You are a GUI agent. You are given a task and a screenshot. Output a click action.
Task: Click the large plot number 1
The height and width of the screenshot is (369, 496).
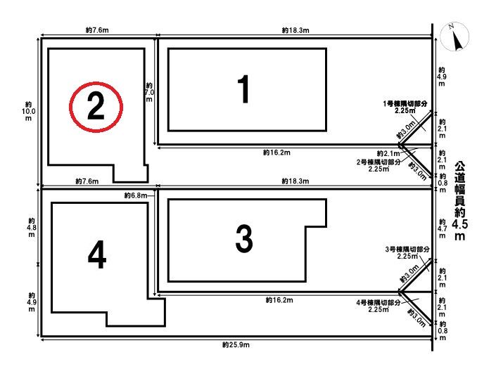(243, 89)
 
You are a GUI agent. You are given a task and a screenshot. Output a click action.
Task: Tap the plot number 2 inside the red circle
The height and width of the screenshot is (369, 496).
(96, 106)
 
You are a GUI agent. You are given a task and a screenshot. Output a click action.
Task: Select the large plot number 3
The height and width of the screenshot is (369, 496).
(244, 239)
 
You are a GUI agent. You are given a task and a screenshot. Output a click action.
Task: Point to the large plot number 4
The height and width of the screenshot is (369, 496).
(97, 254)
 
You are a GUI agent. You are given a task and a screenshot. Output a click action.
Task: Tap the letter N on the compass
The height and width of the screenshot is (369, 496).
(452, 27)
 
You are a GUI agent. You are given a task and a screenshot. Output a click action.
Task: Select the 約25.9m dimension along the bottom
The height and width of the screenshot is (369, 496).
(236, 344)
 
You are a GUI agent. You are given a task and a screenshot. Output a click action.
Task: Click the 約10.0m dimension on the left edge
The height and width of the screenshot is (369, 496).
(28, 112)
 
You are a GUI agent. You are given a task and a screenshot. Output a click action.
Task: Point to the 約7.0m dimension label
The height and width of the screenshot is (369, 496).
(149, 93)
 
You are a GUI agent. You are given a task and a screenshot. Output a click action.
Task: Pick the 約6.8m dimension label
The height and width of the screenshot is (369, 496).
(136, 195)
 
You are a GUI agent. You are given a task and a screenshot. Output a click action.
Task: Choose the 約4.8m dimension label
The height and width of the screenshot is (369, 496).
(32, 228)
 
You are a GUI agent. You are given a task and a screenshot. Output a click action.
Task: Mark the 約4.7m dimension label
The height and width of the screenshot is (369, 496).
(443, 228)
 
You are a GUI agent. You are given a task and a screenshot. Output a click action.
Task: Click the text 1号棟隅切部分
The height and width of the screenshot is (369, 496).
(405, 103)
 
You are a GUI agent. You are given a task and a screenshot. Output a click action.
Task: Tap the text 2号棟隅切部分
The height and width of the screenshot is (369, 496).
(379, 162)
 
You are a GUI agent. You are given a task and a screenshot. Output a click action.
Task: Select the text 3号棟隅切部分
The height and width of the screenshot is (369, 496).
(407, 250)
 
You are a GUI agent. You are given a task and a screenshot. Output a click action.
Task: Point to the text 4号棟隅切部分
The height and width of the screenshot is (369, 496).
(379, 303)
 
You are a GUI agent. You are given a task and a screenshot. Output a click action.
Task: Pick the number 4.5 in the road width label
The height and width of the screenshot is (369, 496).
(459, 224)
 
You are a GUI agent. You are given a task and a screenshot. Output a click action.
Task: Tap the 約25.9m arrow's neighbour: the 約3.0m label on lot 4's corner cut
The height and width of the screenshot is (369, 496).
(417, 318)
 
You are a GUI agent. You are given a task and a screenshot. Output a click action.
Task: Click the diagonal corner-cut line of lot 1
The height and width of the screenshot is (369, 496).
(415, 128)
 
